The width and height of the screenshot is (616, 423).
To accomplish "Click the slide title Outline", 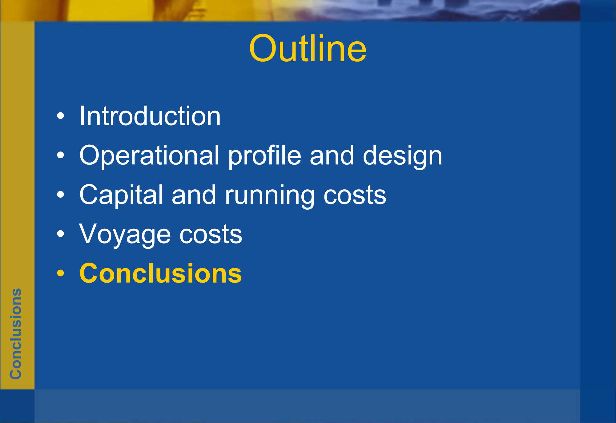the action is (x=308, y=48).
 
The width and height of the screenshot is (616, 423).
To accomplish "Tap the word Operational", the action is (x=149, y=155).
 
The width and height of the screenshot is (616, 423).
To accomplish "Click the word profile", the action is (x=264, y=155).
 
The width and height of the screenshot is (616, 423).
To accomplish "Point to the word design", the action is (x=402, y=155).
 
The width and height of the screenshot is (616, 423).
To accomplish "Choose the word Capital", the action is (x=121, y=195).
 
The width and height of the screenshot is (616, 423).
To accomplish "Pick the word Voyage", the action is (x=125, y=234).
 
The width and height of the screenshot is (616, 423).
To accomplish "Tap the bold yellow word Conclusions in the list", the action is (x=161, y=273).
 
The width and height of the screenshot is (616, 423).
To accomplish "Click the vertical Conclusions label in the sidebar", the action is (x=16, y=334).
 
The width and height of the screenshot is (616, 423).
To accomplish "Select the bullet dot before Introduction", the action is (x=61, y=116).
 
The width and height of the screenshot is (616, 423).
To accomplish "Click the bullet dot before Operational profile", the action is (x=61, y=155).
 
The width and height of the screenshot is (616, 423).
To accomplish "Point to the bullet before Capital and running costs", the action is (x=61, y=195).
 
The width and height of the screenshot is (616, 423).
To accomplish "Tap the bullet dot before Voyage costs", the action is (x=61, y=234).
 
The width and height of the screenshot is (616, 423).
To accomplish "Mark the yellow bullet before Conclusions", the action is (x=61, y=273).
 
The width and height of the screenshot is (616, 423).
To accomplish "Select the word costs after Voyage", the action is (x=211, y=235).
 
